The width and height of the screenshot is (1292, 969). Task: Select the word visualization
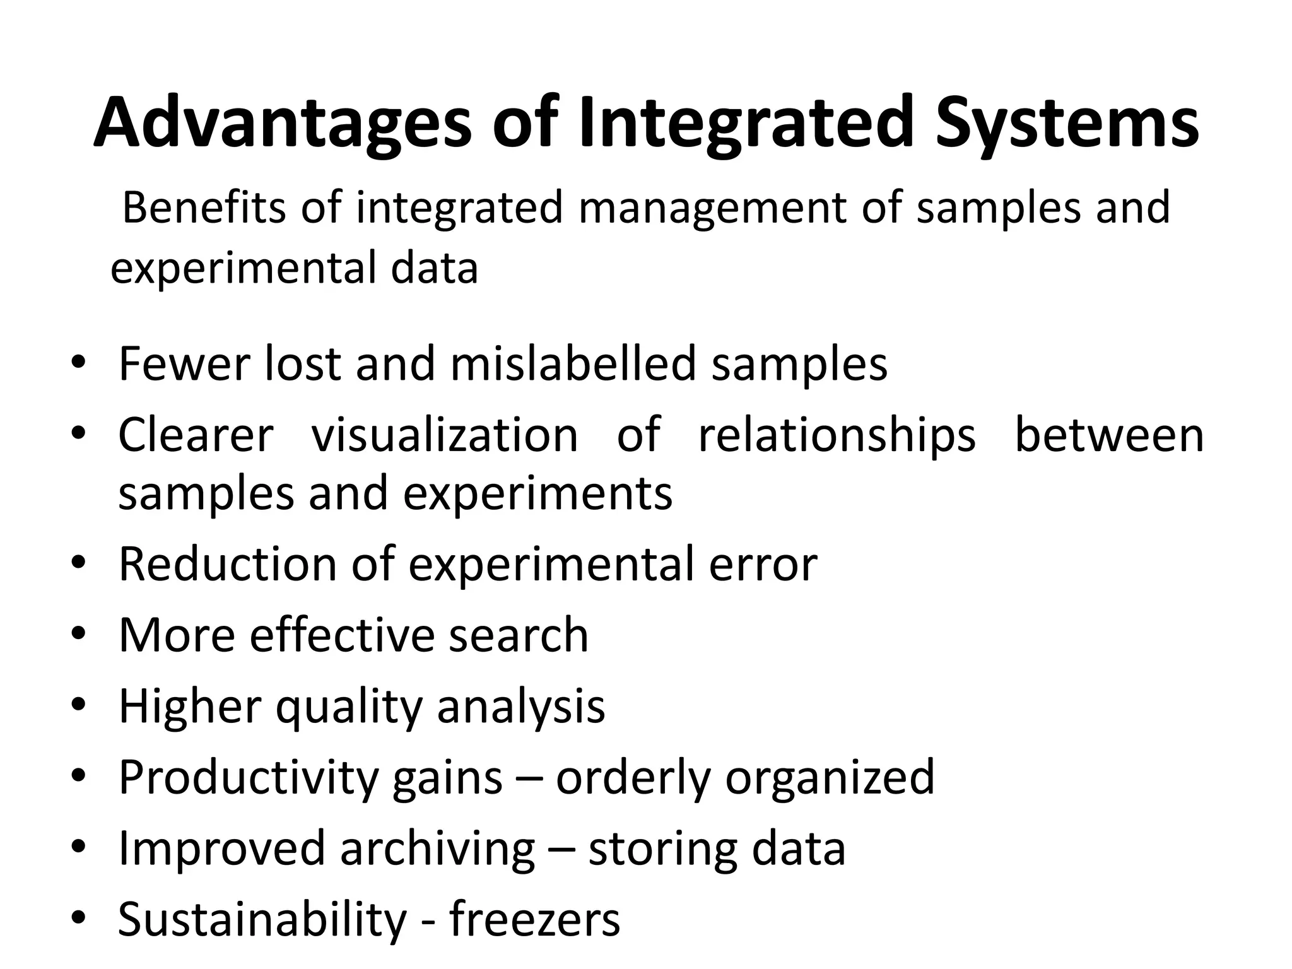(445, 435)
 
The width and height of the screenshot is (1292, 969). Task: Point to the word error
(763, 565)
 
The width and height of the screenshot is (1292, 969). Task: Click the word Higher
(189, 707)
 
